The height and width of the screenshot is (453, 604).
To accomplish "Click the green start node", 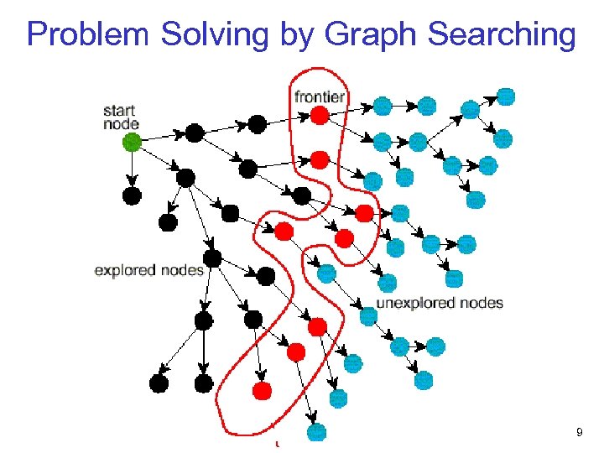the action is point(132,143).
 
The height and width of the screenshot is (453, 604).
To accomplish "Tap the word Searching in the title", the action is point(502,34).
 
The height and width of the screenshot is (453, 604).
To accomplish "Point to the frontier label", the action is point(320,96).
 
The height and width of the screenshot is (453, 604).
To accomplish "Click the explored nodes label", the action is point(148,270).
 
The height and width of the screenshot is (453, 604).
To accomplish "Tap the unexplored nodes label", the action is point(440,303).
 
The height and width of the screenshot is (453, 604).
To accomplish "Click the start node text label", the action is point(120,117).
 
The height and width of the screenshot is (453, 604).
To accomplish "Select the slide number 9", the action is point(579,432).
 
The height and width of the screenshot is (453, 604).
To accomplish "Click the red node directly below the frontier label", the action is point(319,116).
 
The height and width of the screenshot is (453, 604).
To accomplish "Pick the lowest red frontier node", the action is point(263,390).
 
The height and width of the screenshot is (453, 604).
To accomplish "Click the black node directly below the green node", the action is point(132,195).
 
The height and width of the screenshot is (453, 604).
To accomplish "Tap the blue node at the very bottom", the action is point(316,432).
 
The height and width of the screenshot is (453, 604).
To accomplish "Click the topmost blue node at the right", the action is point(506,96).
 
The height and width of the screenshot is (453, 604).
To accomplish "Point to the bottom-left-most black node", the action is point(159,383).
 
